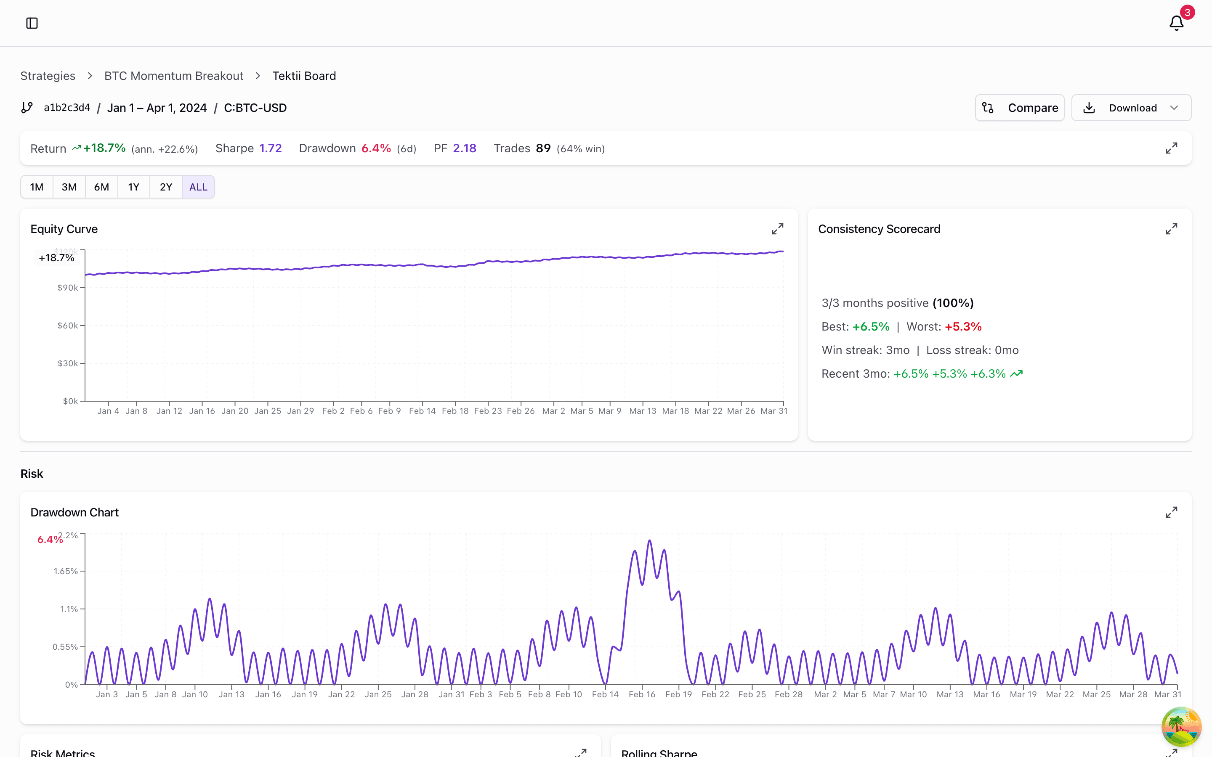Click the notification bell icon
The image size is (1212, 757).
(1176, 23)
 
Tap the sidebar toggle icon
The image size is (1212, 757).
(32, 23)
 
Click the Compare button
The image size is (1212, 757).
(1019, 108)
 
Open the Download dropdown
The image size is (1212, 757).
(1131, 108)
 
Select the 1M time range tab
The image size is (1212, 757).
(37, 187)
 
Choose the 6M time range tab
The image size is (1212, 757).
(101, 187)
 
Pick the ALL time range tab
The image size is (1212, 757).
(198, 187)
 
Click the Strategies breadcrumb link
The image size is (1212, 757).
(48, 76)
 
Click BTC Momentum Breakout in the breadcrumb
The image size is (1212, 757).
(174, 76)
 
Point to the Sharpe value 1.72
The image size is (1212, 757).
(271, 148)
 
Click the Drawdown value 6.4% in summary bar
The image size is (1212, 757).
(376, 148)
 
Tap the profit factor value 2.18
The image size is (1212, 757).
(464, 148)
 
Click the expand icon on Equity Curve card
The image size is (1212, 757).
(777, 229)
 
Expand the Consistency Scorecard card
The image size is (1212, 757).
(1171, 229)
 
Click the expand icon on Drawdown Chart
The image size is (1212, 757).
(1171, 512)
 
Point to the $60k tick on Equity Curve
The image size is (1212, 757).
(68, 326)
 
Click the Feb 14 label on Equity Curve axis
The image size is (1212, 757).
(422, 411)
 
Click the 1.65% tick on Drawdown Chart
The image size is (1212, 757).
(66, 571)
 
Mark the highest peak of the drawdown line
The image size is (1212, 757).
(650, 541)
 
